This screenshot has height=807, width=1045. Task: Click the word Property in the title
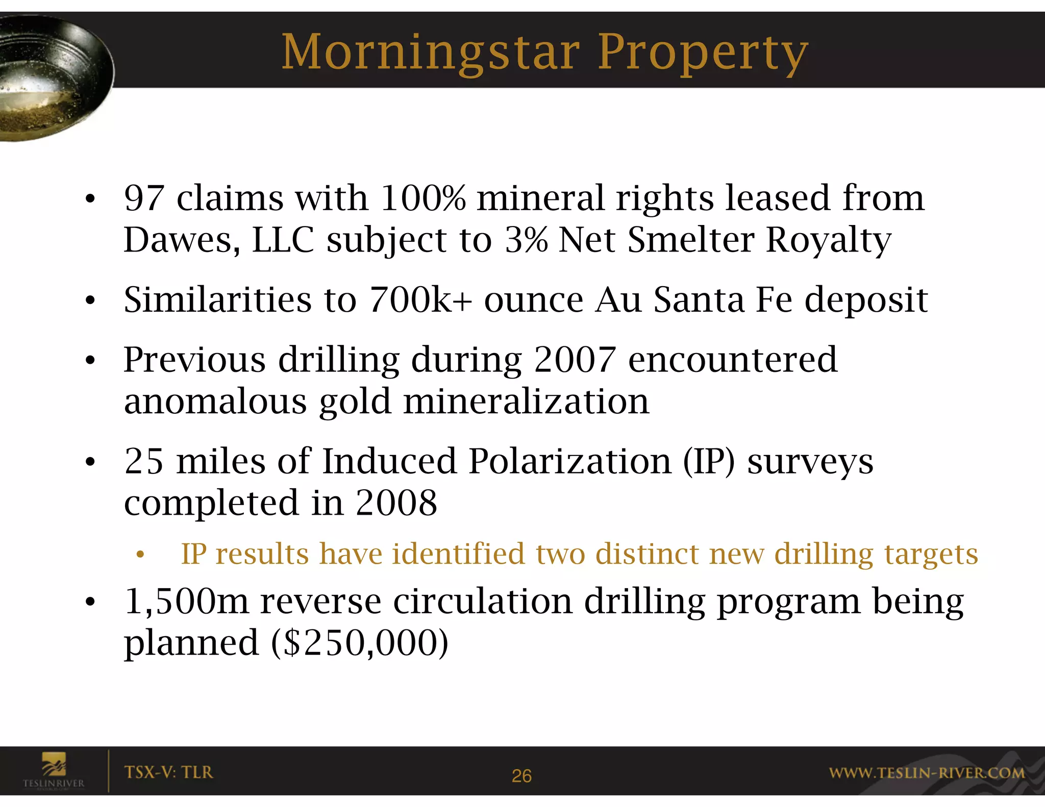click(x=703, y=53)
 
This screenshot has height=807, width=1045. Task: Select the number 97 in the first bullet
click(x=144, y=198)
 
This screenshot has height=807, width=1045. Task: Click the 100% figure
click(x=422, y=198)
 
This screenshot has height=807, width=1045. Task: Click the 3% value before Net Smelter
click(x=526, y=240)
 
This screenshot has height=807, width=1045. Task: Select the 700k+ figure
click(x=419, y=300)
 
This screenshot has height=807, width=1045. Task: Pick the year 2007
click(x=575, y=360)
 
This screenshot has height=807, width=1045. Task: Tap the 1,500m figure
click(x=186, y=602)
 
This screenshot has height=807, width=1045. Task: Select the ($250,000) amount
click(x=360, y=643)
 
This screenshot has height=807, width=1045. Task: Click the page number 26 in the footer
click(x=521, y=776)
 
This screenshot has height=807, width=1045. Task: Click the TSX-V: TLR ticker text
click(x=168, y=772)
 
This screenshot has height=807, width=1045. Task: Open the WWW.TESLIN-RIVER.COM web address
click(x=926, y=773)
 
